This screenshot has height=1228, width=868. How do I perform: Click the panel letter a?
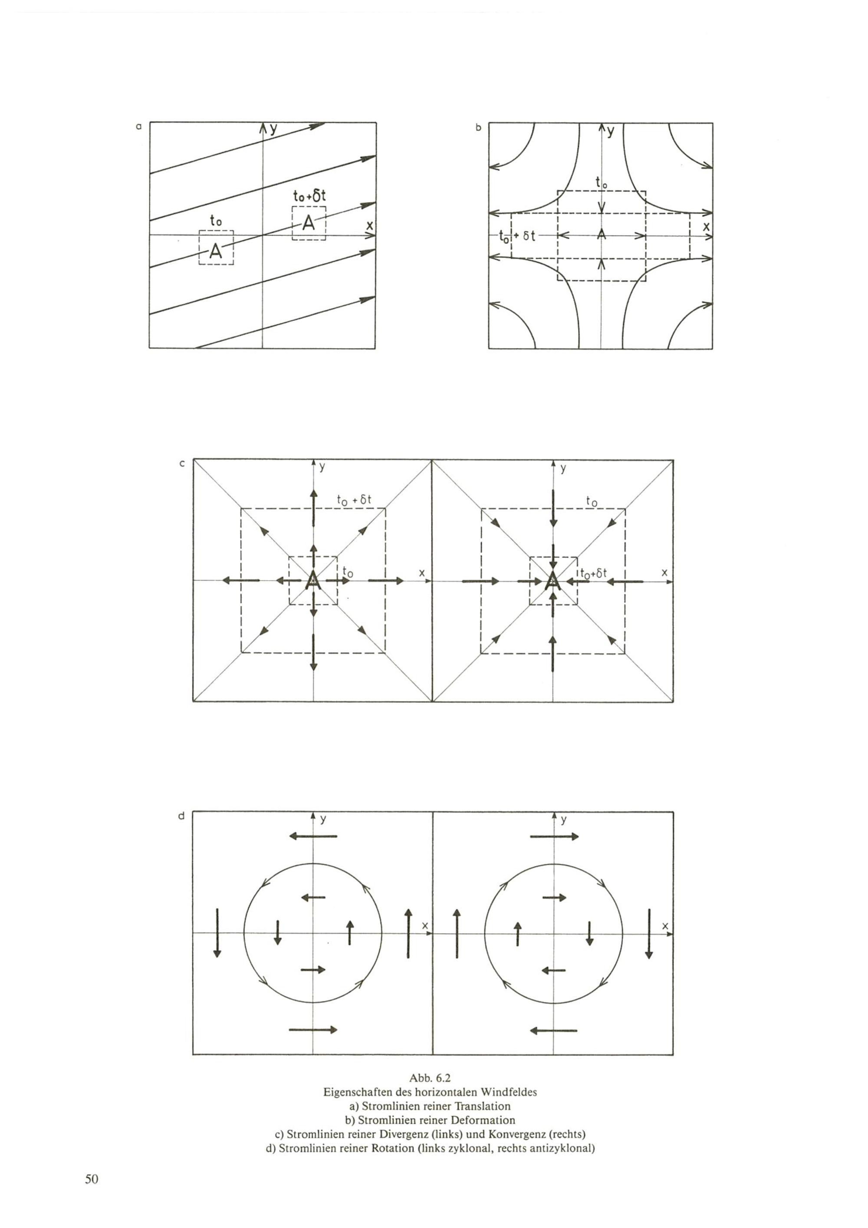point(138,127)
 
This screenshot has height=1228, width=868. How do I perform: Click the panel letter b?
point(478,127)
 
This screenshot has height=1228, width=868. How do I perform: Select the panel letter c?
point(182,464)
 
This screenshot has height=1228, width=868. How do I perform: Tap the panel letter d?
point(182,816)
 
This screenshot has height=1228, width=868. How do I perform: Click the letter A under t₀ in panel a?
point(216,251)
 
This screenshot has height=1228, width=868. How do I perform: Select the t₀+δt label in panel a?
point(309,196)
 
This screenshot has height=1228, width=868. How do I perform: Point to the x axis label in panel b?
point(707,226)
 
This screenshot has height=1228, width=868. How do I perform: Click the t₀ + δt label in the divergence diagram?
point(354,500)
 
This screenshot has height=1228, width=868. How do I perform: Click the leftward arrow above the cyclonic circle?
point(313,836)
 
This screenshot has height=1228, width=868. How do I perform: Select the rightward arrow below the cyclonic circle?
point(313,1030)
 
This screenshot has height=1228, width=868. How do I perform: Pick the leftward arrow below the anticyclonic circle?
point(553,1030)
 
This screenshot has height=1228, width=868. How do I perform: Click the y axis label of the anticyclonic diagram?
point(564,820)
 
